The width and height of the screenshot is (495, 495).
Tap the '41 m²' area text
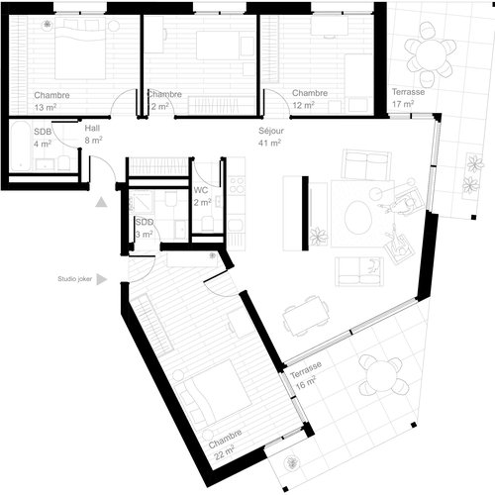pyautogui.click(x=271, y=143)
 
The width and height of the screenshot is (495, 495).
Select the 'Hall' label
pyautogui.click(x=93, y=129)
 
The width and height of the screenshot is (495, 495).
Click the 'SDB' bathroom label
pyautogui.click(x=43, y=132)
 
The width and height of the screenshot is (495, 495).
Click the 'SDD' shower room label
pyautogui.click(x=145, y=222)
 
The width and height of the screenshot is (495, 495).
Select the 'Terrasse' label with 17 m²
pyautogui.click(x=408, y=91)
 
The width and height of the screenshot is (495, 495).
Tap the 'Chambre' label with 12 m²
pyautogui.click(x=309, y=93)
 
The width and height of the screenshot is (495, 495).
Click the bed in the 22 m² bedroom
pyautogui.click(x=219, y=391)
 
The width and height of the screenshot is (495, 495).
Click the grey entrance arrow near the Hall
pyautogui.click(x=101, y=202)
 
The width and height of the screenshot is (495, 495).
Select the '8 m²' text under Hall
pyautogui.click(x=94, y=142)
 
